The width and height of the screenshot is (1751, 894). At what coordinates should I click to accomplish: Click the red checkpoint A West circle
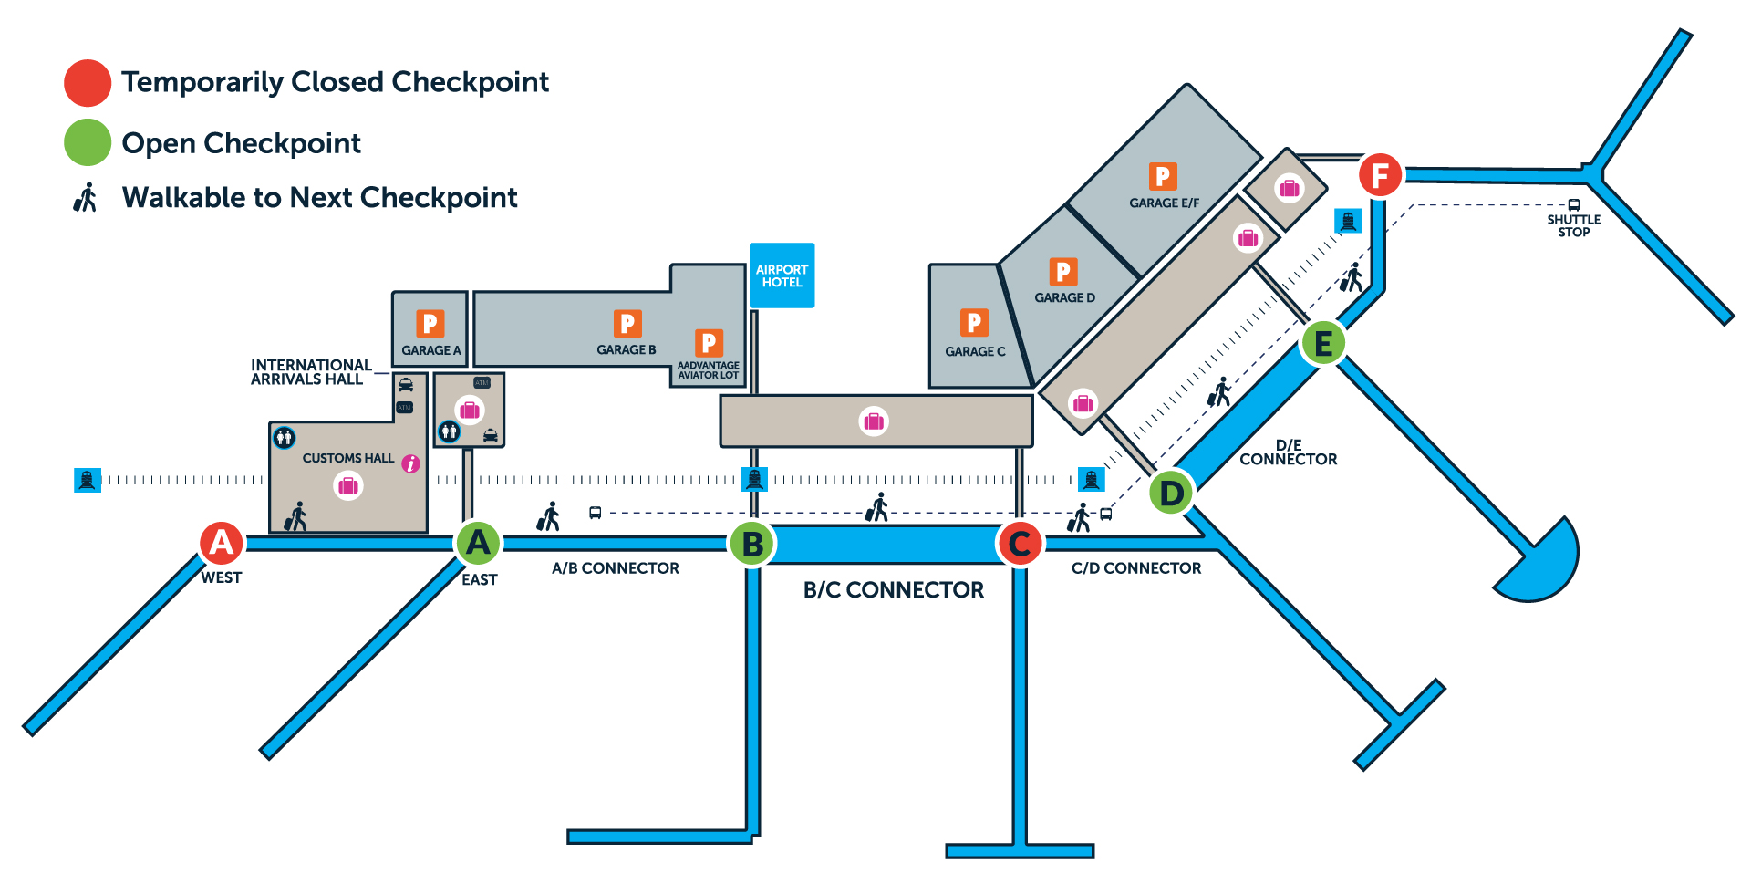[x=222, y=543]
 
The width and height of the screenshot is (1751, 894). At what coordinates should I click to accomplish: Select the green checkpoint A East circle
[x=478, y=543]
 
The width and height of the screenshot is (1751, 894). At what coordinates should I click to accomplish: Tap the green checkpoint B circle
[x=752, y=544]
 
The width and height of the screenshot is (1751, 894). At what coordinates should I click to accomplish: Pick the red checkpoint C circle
[x=1020, y=544]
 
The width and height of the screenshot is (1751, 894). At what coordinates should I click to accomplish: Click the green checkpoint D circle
[x=1171, y=493]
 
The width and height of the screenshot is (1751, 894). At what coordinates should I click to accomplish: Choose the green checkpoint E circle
[x=1322, y=344]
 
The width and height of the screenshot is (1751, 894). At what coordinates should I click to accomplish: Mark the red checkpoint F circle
[x=1380, y=174]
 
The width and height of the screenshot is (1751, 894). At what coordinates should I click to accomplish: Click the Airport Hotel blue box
[x=782, y=275]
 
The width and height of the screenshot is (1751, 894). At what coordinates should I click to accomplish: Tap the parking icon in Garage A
[x=430, y=324]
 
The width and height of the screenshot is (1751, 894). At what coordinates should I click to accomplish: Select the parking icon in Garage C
[x=974, y=322]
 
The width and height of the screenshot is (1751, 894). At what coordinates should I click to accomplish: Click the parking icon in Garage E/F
[x=1162, y=176]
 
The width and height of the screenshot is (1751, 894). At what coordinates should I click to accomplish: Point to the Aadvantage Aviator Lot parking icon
[x=709, y=343]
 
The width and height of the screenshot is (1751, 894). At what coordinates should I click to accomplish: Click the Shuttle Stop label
[x=1573, y=225]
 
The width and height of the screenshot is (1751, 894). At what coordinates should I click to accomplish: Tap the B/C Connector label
[x=893, y=590]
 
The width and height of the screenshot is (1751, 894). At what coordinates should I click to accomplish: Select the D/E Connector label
[x=1288, y=452]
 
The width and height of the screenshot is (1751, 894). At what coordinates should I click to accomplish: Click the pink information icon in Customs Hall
[x=411, y=464]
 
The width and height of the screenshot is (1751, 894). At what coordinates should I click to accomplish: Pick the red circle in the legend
[x=88, y=82]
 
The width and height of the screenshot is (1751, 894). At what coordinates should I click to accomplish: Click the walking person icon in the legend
[x=86, y=198]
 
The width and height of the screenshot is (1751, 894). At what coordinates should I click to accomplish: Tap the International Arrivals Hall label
[x=310, y=372]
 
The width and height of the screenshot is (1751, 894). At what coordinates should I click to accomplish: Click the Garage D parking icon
[x=1062, y=272]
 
